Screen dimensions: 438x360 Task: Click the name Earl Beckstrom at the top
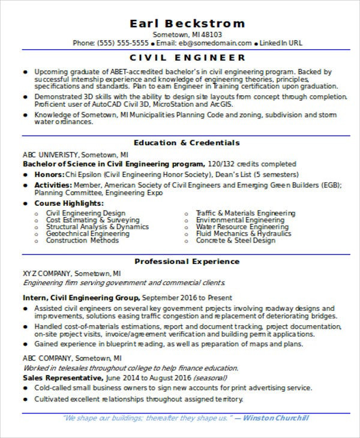[187, 23]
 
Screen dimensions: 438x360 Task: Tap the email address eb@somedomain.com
[218, 43]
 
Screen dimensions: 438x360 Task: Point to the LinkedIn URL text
[281, 43]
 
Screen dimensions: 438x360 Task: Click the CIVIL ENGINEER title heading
[188, 58]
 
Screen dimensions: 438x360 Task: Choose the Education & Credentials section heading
[187, 143]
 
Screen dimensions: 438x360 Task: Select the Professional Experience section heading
[187, 262]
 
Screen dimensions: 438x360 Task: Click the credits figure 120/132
[220, 163]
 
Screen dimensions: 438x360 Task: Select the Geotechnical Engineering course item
[88, 233]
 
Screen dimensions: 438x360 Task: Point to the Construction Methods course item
[82, 241]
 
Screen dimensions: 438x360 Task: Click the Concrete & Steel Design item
[235, 241]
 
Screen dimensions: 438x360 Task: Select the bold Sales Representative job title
[62, 378]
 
